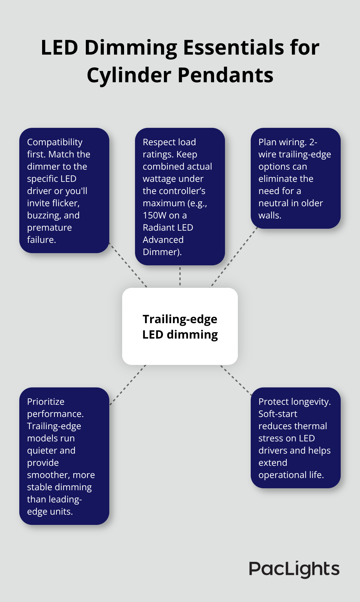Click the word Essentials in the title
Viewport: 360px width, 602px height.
(233, 48)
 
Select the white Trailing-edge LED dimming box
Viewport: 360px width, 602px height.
(180, 326)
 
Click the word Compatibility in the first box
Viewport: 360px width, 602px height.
(55, 142)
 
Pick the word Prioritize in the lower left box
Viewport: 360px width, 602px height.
(46, 402)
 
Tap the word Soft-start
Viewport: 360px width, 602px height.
(278, 414)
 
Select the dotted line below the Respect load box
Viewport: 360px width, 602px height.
(180, 276)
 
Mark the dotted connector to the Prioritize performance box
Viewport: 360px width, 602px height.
(128, 385)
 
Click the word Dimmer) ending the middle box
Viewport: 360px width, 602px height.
(162, 252)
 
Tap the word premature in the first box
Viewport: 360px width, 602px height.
(49, 227)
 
